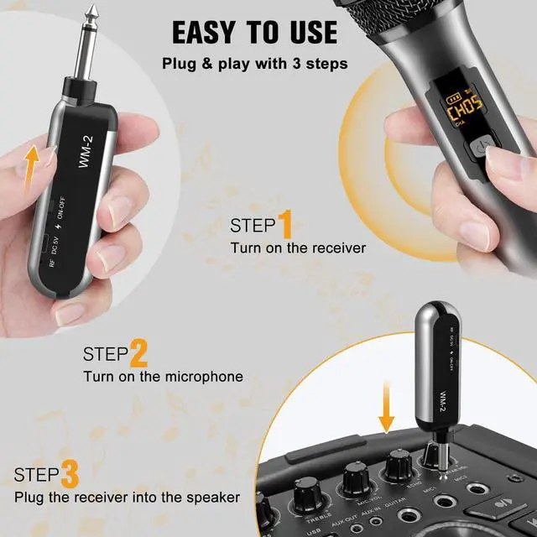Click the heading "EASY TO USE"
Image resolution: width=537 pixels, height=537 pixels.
tap(255, 32)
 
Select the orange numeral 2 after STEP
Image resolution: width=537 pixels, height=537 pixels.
tap(138, 353)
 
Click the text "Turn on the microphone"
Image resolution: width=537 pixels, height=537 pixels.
tap(163, 377)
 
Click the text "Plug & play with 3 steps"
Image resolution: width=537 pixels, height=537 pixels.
tap(255, 64)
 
